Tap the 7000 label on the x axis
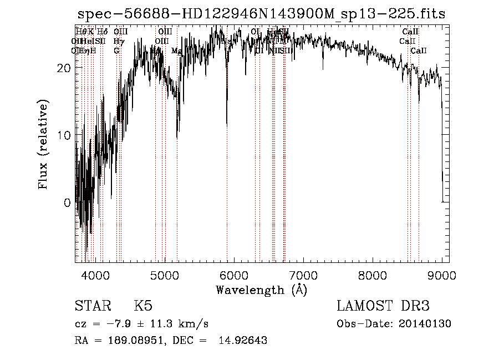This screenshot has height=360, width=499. [x=303, y=275]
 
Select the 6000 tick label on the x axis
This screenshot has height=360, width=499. [x=234, y=275]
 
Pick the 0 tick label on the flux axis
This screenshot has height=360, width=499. [x=68, y=202]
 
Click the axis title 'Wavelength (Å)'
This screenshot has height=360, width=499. [x=261, y=290]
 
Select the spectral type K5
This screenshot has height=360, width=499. [x=143, y=306]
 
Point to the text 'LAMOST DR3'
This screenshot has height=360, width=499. [x=383, y=306]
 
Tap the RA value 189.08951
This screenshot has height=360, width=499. [x=139, y=341]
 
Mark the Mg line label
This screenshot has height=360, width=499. [x=176, y=50]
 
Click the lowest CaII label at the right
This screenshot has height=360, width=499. [x=419, y=50]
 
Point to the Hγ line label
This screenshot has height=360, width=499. [x=118, y=41]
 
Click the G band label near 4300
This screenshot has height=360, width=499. [x=116, y=50]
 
